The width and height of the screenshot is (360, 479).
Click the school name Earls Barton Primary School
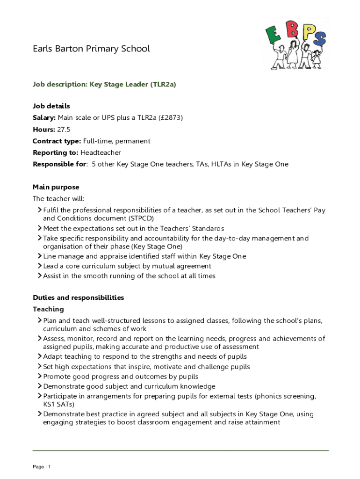[x=91, y=49]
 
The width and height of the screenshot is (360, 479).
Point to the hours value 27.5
[x=64, y=130]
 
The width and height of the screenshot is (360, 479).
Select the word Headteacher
[x=101, y=152]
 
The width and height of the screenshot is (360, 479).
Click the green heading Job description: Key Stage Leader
[x=104, y=85]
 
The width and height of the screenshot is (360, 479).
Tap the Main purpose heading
[x=56, y=187]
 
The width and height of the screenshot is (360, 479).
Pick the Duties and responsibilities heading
[x=78, y=298]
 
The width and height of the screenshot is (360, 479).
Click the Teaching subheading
[x=48, y=309]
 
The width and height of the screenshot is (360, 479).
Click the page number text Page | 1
[x=42, y=467]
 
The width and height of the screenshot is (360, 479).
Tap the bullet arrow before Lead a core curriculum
[x=40, y=266]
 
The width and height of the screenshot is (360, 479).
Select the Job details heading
[x=51, y=106]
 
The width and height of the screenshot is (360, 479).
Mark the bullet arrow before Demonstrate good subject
[x=40, y=386]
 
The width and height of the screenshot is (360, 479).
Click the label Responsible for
[x=59, y=164]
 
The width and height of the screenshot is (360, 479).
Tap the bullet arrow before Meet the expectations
[x=40, y=229]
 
